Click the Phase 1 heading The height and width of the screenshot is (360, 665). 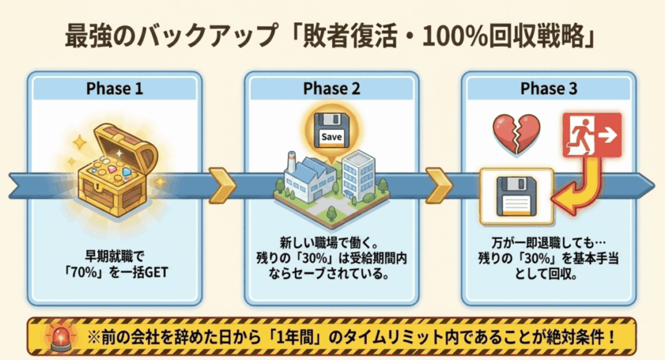pos(114,89)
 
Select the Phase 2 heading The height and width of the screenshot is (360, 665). pos(332,89)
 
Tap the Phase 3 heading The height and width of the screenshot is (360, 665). pos(549,89)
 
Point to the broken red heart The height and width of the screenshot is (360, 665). pos(516,133)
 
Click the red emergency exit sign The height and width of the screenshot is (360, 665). pos(592,135)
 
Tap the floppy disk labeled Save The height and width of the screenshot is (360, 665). pos(332,130)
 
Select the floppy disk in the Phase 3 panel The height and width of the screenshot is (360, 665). pos(516,196)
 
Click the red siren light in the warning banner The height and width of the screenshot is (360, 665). pos(61,337)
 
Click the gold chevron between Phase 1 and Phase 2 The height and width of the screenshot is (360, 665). pos(222,185)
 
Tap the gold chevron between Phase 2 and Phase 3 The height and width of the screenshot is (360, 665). pos(439,185)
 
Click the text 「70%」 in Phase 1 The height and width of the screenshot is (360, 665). pos(84,272)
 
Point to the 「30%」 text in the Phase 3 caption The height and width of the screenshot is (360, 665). pos(536,258)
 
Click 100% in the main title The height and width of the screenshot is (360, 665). pos(455,37)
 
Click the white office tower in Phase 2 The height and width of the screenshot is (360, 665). pos(358,175)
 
